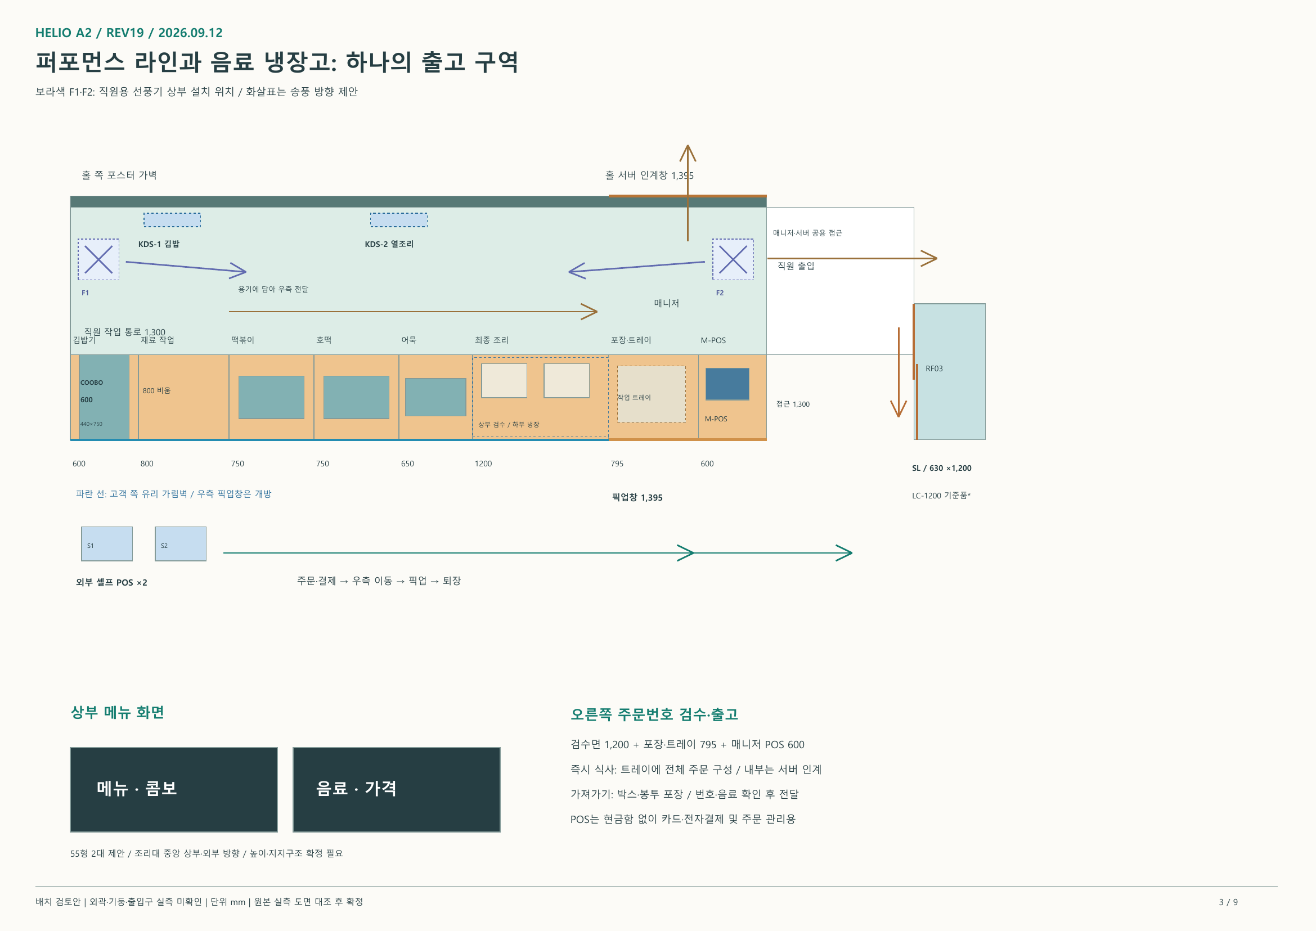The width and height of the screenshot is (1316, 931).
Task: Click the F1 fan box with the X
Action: click(x=98, y=259)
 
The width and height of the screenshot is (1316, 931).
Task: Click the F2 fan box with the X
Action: click(x=733, y=259)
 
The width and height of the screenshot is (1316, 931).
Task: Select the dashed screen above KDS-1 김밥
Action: click(x=172, y=219)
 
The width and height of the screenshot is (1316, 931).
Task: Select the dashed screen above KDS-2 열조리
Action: click(x=398, y=219)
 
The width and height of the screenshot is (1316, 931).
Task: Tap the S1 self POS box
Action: click(x=107, y=543)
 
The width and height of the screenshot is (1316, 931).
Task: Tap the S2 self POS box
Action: click(x=181, y=543)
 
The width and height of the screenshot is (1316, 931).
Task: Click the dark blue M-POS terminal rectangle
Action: click(x=727, y=384)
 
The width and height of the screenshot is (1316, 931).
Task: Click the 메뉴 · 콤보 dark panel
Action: click(x=174, y=789)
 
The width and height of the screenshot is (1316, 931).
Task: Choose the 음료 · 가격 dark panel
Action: click(x=396, y=789)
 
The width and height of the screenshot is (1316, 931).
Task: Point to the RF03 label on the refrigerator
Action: click(x=933, y=368)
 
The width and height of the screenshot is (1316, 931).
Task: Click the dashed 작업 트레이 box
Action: click(x=651, y=394)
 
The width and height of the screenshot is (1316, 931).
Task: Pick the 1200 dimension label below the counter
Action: click(x=483, y=463)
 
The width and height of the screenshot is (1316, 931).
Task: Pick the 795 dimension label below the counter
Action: click(x=617, y=463)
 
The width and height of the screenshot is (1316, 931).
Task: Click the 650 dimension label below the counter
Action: click(x=407, y=463)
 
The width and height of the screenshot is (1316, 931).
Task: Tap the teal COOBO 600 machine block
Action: click(x=104, y=397)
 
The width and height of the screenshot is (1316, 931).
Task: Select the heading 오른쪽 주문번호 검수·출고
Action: click(x=654, y=714)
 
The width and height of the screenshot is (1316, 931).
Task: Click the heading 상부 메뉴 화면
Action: click(x=117, y=712)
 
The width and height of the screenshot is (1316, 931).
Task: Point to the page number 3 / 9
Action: click(x=1228, y=902)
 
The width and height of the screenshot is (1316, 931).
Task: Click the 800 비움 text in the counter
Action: click(x=156, y=390)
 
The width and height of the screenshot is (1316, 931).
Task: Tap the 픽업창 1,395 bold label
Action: click(x=636, y=497)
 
